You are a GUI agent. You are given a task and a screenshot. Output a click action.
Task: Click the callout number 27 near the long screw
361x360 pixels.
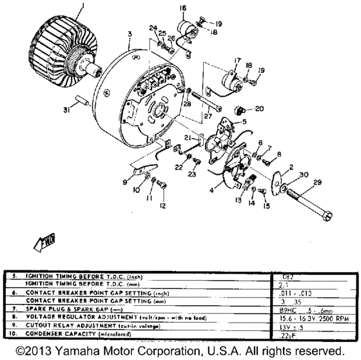point(208,117)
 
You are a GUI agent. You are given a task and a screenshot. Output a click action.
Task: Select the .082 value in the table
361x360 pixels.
point(282,275)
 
